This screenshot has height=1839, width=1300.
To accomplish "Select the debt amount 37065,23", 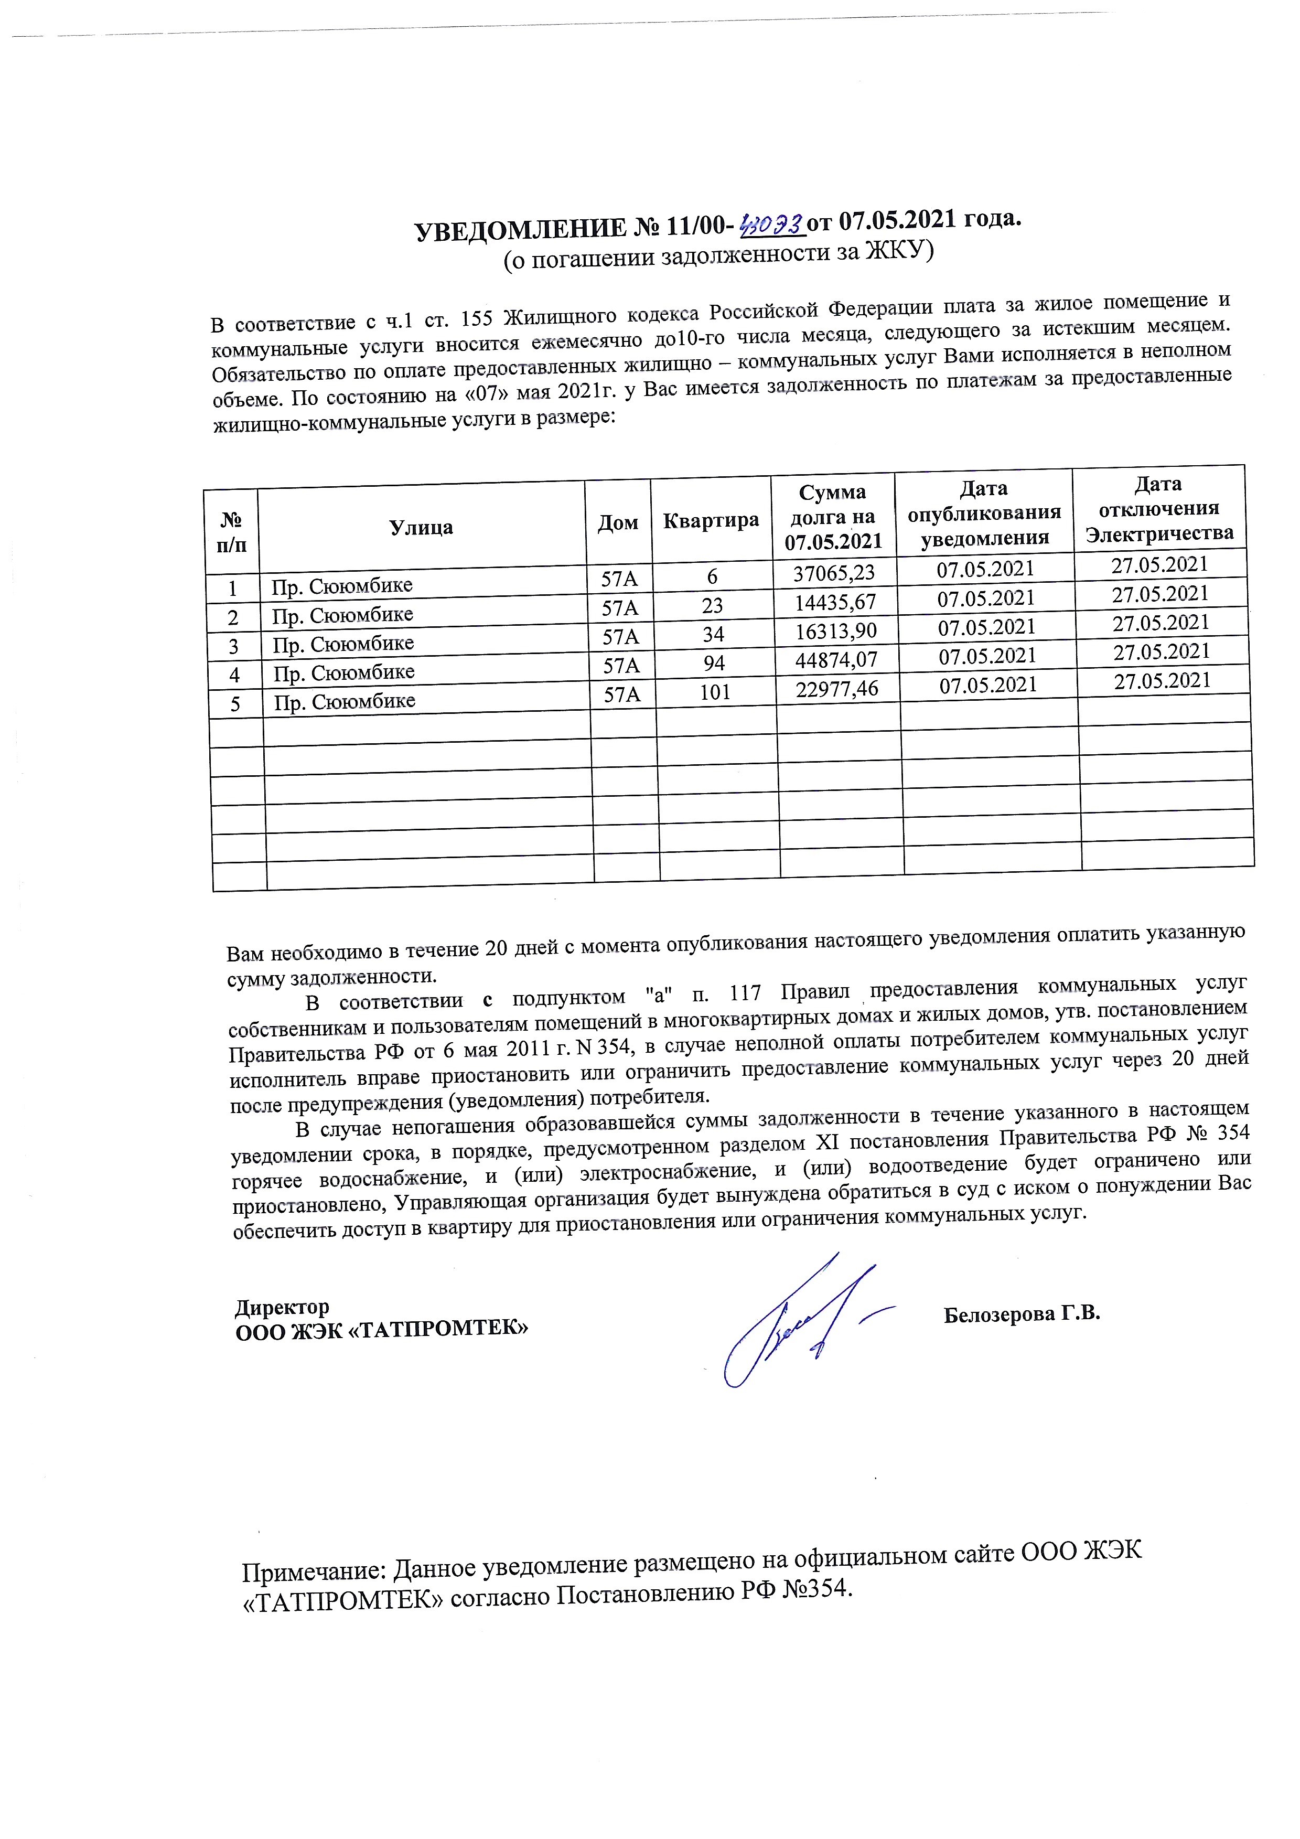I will click(x=833, y=573).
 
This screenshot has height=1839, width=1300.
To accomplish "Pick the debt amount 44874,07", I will click(x=836, y=659).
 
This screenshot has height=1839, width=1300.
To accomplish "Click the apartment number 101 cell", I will click(x=715, y=692).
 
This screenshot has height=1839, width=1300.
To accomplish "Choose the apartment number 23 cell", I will click(x=712, y=605).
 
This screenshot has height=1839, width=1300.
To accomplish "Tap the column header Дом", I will click(x=618, y=523).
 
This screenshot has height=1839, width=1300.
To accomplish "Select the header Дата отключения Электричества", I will click(x=1158, y=509).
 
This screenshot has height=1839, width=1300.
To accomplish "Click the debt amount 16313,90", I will click(x=835, y=630).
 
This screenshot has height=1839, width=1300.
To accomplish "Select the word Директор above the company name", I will click(x=282, y=1307).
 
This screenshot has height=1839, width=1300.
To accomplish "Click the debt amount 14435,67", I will click(x=835, y=602).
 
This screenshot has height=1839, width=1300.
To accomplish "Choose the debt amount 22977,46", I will click(x=837, y=688).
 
